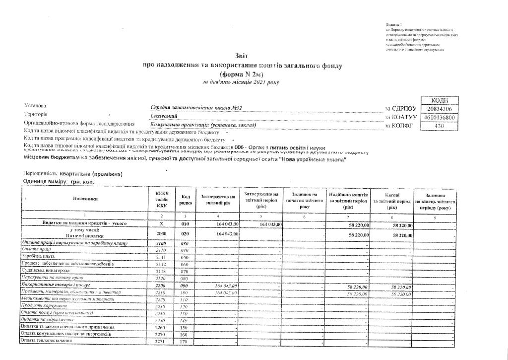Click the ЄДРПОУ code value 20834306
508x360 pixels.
(438, 109)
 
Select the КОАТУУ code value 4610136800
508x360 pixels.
(438, 117)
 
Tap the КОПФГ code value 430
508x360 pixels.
(438, 126)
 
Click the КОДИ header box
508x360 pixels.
(438, 100)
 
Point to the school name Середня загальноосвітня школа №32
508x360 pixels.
(196, 108)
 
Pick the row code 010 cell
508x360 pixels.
(185, 224)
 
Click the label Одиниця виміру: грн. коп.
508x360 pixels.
(58, 183)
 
